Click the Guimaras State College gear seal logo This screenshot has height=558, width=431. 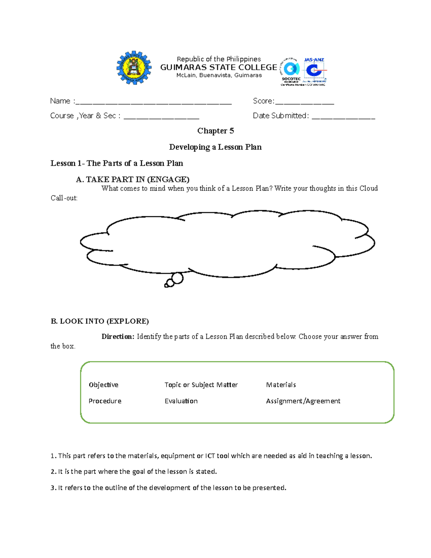click(x=134, y=68)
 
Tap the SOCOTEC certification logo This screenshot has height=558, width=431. click(x=291, y=71)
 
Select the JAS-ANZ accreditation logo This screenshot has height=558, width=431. click(x=315, y=71)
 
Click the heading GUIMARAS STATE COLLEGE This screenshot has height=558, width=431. click(x=218, y=67)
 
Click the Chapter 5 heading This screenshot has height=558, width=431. click(x=215, y=131)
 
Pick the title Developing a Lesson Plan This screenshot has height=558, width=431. click(x=215, y=147)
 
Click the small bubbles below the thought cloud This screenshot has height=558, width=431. click(x=175, y=280)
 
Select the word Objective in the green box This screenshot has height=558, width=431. click(x=103, y=385)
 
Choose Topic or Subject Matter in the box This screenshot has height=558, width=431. click(x=201, y=385)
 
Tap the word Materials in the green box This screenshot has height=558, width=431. click(x=281, y=385)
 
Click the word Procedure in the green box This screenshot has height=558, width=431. click(x=105, y=401)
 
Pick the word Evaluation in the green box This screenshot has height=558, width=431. click(x=181, y=401)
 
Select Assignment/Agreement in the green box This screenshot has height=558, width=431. click(x=303, y=401)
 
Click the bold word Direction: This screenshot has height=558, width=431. click(x=118, y=337)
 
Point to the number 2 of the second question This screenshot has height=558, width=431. click(x=53, y=472)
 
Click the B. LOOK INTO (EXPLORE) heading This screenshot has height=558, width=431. click(x=100, y=321)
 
